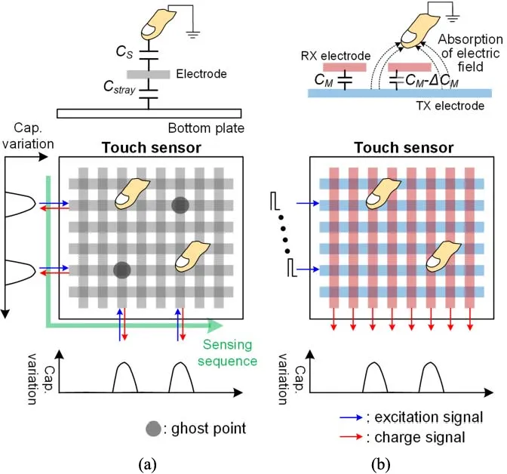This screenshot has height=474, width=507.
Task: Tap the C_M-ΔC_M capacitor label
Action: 437,78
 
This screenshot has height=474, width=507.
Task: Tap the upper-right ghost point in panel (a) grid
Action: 180,205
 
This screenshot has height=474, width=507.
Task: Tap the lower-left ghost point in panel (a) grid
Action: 122,269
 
